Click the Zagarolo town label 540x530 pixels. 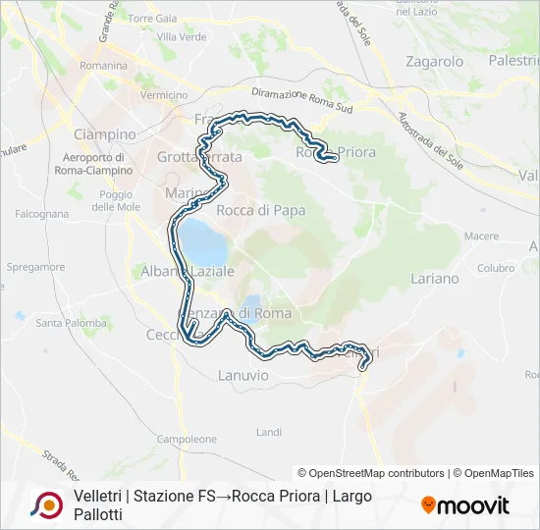pos(434,61)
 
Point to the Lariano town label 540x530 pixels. pos(434,278)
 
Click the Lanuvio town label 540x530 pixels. pos(242,374)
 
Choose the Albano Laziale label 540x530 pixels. pos(188,270)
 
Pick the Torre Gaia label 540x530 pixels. pos(153,18)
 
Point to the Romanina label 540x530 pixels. pos(104,66)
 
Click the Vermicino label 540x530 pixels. pos(164,95)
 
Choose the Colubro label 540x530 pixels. pos(495,267)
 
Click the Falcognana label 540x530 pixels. pos(42,213)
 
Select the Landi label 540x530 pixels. pos(268,432)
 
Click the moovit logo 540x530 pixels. pos(465,505)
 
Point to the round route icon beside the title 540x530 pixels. pos(46,504)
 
